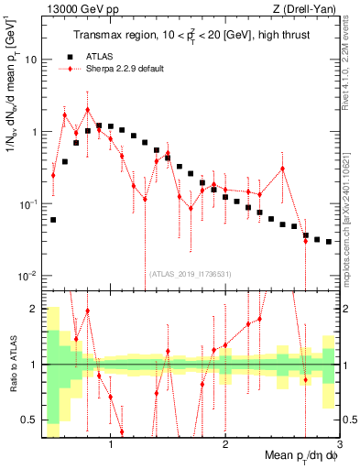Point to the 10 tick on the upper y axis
[31, 60]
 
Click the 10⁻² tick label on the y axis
[27, 276]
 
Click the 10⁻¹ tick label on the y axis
[27, 203]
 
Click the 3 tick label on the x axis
[338, 445]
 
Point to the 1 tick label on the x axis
[111, 445]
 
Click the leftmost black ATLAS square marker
[53, 220]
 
